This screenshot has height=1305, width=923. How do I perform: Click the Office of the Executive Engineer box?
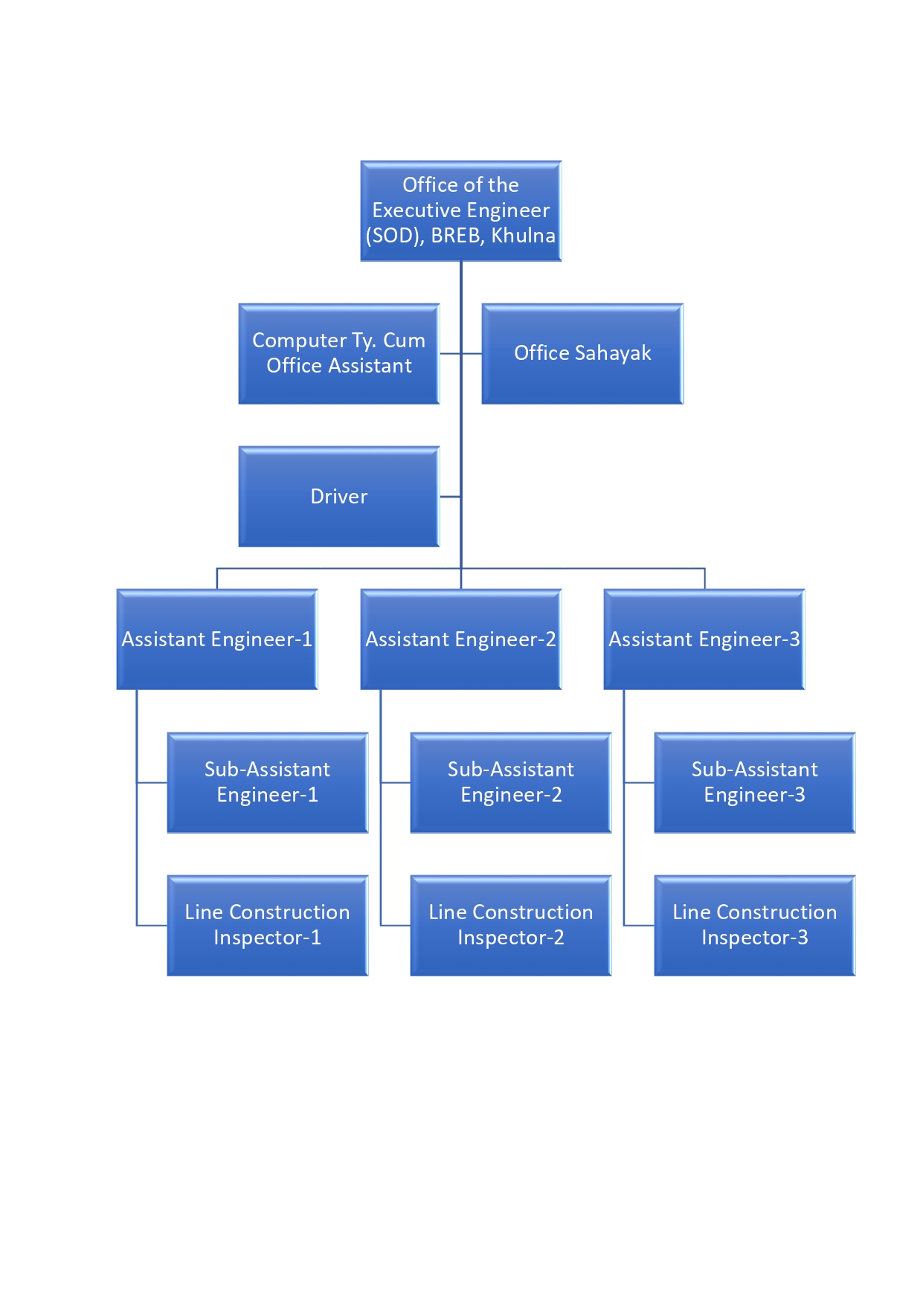point(460,210)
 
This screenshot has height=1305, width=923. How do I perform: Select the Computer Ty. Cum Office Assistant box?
point(338,353)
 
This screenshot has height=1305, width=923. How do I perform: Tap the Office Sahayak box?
point(582,353)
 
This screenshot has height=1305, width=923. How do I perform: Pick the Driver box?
point(338,496)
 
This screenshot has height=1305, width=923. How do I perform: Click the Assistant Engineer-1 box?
point(216,639)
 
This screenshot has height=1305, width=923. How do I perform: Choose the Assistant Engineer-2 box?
point(460,639)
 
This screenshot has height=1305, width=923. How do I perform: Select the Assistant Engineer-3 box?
point(704,639)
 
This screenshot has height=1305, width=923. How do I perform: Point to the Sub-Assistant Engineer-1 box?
point(267,782)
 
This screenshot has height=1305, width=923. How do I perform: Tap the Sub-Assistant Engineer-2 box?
point(510,782)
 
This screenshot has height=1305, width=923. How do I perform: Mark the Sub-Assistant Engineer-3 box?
point(754,782)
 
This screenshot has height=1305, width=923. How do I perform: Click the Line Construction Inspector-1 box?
point(267,925)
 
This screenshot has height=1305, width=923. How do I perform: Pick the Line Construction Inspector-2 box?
point(510,925)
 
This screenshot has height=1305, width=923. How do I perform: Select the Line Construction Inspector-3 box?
point(754,925)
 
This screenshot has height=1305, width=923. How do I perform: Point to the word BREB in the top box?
point(455,236)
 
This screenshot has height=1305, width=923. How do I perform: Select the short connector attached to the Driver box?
point(450,497)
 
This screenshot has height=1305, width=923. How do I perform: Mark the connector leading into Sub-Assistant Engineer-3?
point(639,782)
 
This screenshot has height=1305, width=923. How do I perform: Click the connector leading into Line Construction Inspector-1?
point(152,925)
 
